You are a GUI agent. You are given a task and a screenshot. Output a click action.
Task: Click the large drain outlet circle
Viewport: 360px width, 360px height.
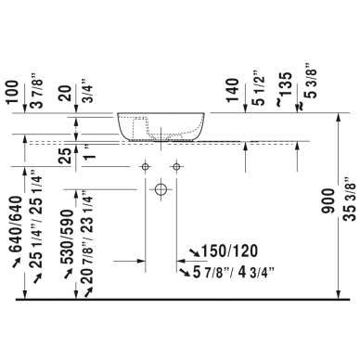click(160, 188)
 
